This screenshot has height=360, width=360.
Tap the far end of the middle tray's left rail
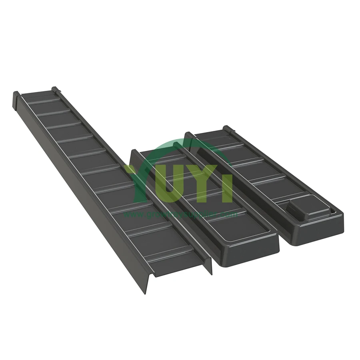point(135,152)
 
